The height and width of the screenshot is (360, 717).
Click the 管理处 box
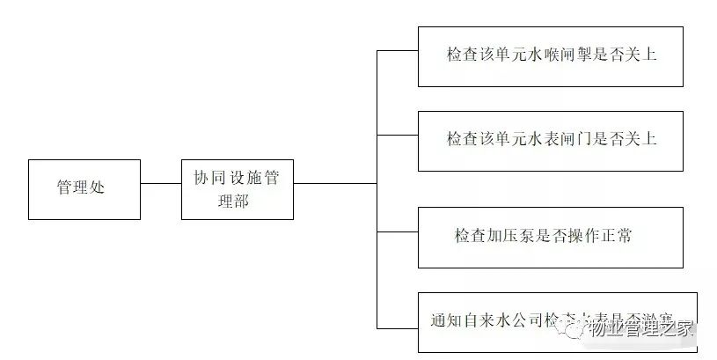[84, 188]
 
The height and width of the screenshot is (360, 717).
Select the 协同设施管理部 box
[237, 188]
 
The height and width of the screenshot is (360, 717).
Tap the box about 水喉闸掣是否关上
[550, 56]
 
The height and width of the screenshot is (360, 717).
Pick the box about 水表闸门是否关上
[550, 141]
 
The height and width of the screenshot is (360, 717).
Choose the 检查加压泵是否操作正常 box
[550, 237]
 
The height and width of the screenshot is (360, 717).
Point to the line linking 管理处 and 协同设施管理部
[160, 184]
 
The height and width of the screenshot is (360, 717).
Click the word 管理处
[81, 188]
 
